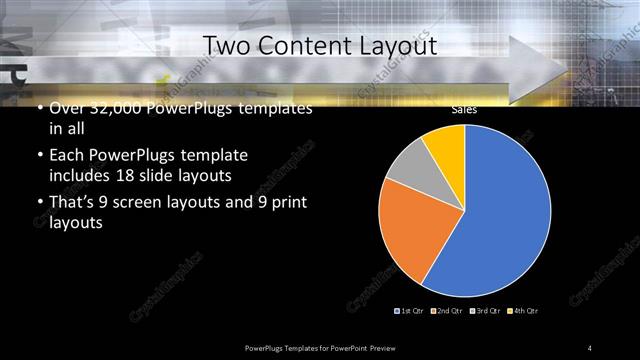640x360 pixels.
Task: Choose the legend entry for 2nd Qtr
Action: point(447,311)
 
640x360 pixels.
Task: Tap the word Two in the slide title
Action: point(227,46)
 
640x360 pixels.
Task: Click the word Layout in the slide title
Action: point(402,46)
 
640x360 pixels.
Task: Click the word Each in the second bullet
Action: point(66,157)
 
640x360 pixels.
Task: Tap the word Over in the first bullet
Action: point(66,109)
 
